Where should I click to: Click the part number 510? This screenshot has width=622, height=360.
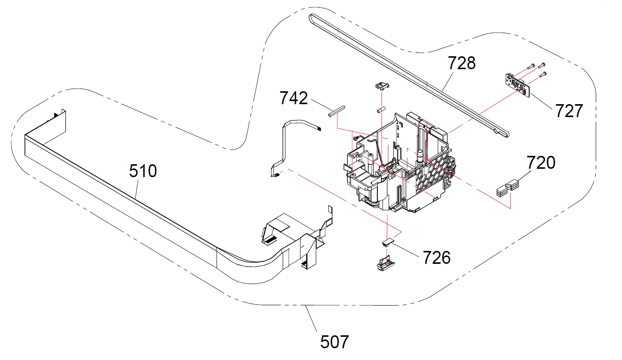143,171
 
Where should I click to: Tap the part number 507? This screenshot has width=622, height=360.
334,342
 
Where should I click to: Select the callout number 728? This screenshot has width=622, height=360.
462,63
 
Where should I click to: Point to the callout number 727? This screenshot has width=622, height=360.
569,111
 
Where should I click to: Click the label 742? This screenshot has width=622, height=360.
293,98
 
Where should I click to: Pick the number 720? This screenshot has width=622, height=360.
541,163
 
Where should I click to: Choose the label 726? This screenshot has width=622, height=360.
437,258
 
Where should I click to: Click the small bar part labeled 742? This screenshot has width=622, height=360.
336,111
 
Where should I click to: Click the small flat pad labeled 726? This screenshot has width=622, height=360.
388,241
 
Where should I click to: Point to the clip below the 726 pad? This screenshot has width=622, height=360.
385,263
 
